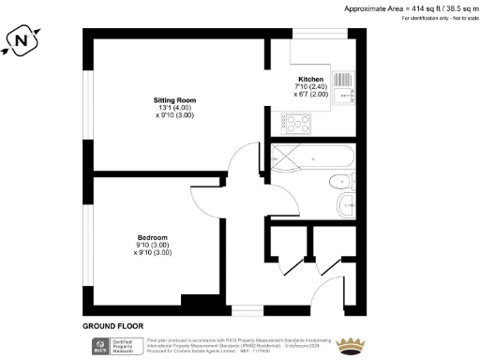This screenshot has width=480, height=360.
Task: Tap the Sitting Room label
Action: (x=174, y=100)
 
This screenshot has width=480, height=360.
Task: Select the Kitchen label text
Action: (x=310, y=79)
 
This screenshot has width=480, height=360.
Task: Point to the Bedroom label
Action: (x=152, y=237)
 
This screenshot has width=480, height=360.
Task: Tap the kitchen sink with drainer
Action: (x=342, y=87)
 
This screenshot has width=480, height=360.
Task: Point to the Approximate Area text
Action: (x=411, y=8)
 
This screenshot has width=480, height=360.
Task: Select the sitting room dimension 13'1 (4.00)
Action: (x=174, y=108)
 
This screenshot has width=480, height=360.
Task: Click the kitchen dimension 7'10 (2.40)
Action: (x=310, y=86)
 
